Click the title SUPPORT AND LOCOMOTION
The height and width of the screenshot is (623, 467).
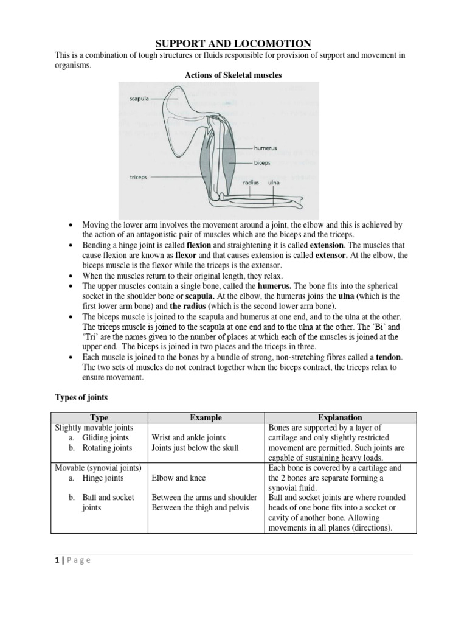click(233, 43)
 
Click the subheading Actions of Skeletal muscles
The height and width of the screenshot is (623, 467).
click(233, 75)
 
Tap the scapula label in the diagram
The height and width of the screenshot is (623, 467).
click(139, 98)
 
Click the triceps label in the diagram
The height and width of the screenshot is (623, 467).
click(140, 178)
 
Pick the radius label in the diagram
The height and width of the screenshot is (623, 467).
click(251, 182)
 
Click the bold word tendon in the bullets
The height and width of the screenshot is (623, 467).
click(389, 357)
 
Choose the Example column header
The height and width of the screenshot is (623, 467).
click(206, 417)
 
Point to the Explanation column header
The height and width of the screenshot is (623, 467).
click(341, 417)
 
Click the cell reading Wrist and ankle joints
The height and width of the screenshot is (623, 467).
click(189, 437)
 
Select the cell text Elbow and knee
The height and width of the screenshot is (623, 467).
click(178, 478)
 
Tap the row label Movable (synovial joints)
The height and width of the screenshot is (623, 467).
click(98, 468)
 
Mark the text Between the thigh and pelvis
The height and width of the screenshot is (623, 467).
click(201, 508)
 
